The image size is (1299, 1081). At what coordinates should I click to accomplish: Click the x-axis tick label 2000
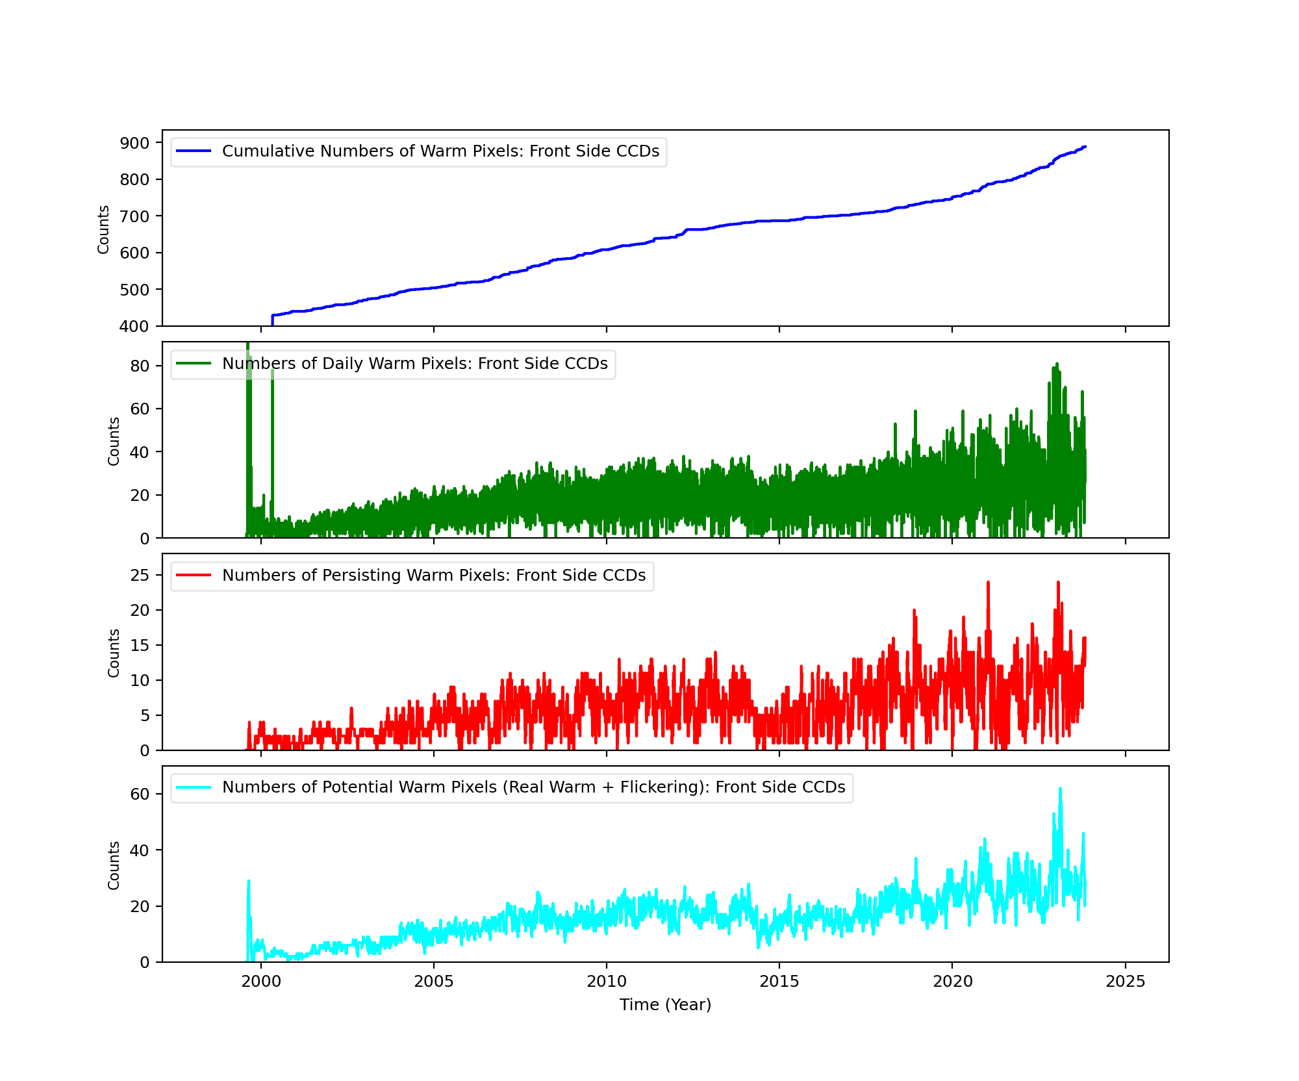pyautogui.click(x=260, y=982)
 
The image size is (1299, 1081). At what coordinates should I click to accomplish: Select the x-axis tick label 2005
pyautogui.click(x=434, y=982)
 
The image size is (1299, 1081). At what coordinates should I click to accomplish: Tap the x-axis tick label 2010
pyautogui.click(x=607, y=982)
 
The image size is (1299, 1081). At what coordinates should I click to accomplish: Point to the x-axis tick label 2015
pyautogui.click(x=779, y=982)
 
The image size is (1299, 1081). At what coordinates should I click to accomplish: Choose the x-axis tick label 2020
pyautogui.click(x=952, y=982)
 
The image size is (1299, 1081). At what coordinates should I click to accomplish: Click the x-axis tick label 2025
pyautogui.click(x=1126, y=982)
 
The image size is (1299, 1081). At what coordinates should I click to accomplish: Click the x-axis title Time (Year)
pyautogui.click(x=665, y=1005)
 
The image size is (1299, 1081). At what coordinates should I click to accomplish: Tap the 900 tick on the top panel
pyautogui.click(x=134, y=143)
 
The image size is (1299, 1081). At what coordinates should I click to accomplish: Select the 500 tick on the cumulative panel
pyautogui.click(x=134, y=290)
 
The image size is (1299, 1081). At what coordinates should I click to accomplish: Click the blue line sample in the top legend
pyautogui.click(x=194, y=151)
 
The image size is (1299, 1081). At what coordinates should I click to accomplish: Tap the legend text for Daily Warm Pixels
pyautogui.click(x=414, y=364)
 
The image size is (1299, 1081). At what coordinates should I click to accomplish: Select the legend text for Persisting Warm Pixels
pyautogui.click(x=434, y=576)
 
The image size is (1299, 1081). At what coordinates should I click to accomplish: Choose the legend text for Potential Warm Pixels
pyautogui.click(x=533, y=787)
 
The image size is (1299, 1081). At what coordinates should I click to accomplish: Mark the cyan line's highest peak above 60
pyautogui.click(x=1060, y=789)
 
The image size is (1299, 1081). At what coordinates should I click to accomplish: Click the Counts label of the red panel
pyautogui.click(x=114, y=653)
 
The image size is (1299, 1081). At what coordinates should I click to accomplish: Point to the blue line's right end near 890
pyautogui.click(x=1085, y=147)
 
